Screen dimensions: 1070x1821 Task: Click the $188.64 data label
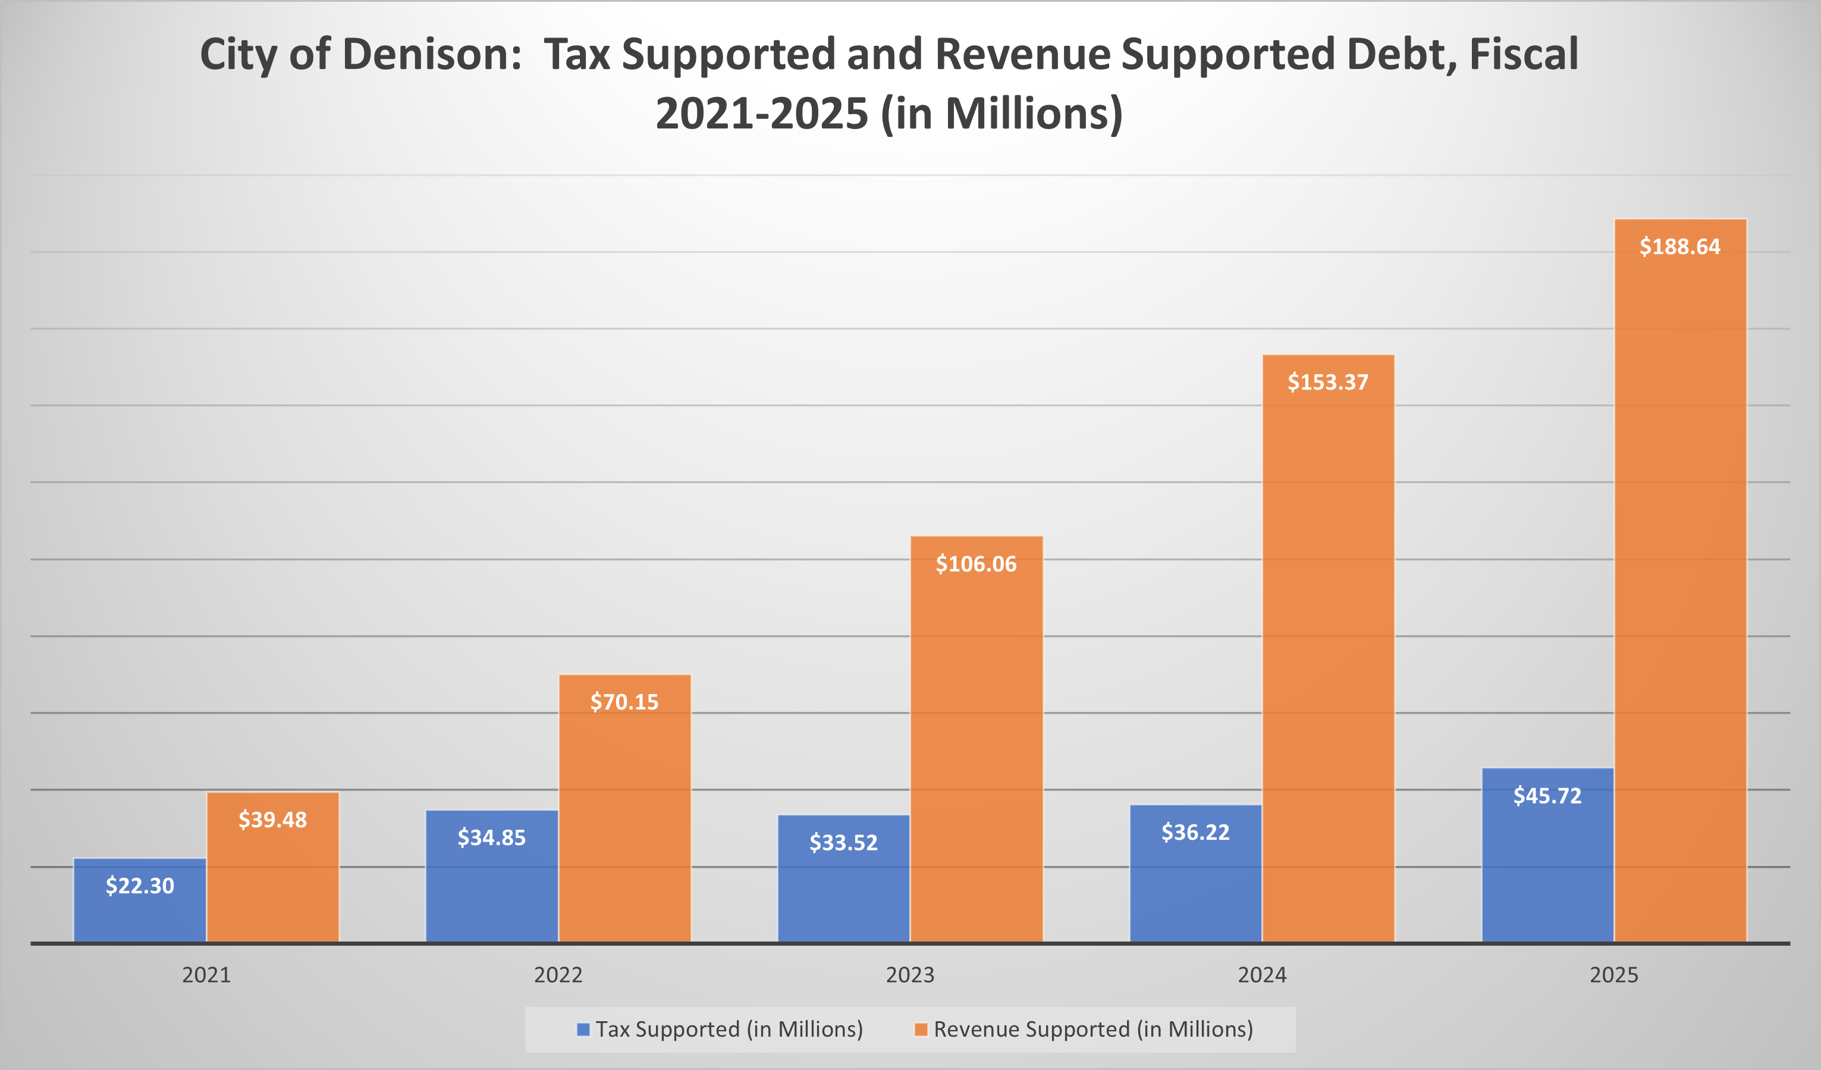(1679, 247)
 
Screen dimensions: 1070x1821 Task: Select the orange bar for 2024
(1328, 650)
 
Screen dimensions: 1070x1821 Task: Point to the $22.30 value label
(140, 886)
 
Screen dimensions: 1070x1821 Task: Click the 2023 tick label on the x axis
(910, 975)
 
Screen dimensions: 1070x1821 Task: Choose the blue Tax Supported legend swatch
(583, 1029)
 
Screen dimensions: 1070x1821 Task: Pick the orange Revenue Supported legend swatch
(921, 1029)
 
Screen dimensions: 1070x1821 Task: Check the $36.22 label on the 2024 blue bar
(1195, 832)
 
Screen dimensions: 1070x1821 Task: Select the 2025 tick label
(1613, 975)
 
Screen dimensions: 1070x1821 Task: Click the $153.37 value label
(1327, 382)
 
